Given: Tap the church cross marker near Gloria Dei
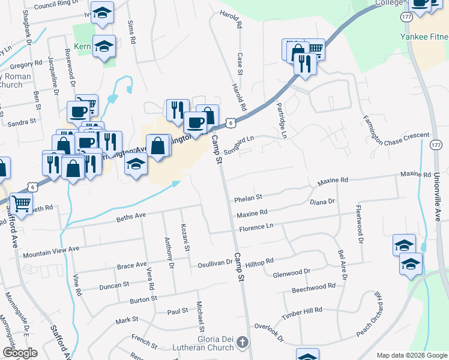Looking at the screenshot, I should pyautogui.click(x=243, y=343).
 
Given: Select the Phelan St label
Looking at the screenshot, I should pyautogui.click(x=249, y=197).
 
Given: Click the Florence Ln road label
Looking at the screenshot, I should pyautogui.click(x=256, y=229).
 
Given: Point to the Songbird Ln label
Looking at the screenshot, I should pyautogui.click(x=240, y=143).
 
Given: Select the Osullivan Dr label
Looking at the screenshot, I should pyautogui.click(x=215, y=263).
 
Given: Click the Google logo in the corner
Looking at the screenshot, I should pyautogui.click(x=20, y=353).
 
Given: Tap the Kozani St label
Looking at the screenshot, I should pyautogui.click(x=185, y=238).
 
